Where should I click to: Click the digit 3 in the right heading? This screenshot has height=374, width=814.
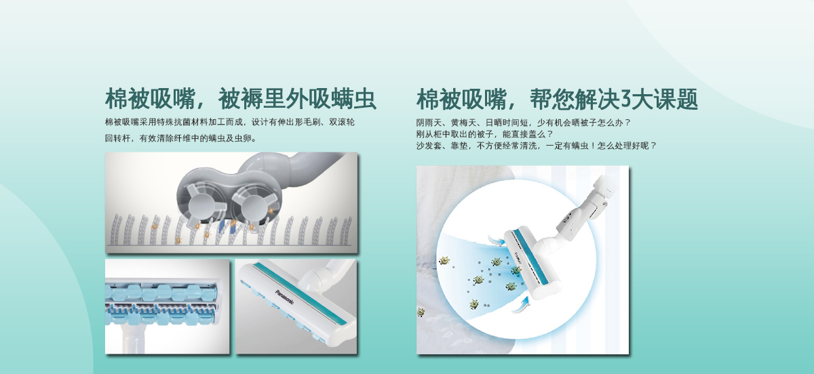pos(625,99)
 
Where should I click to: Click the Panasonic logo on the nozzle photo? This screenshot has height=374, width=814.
pos(284,297)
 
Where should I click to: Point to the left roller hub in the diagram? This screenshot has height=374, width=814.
pos(202,206)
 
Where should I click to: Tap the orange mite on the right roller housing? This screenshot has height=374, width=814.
pos(271,209)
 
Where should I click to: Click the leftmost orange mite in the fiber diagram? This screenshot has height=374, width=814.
pos(154,226)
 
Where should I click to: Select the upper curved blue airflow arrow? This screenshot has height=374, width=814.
pos(495,240)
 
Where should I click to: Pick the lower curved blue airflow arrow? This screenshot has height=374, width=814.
pos(521,305)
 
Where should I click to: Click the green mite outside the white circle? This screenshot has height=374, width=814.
pos(421,312)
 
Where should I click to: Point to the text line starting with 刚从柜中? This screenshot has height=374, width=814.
pos(484,134)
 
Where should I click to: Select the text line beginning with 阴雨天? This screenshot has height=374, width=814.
pos(523,123)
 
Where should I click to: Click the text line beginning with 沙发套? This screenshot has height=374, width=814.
pos(537,146)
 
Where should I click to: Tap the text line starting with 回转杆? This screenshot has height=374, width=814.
pos(180,138)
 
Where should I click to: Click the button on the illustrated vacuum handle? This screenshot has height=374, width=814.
pos(566,220)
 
